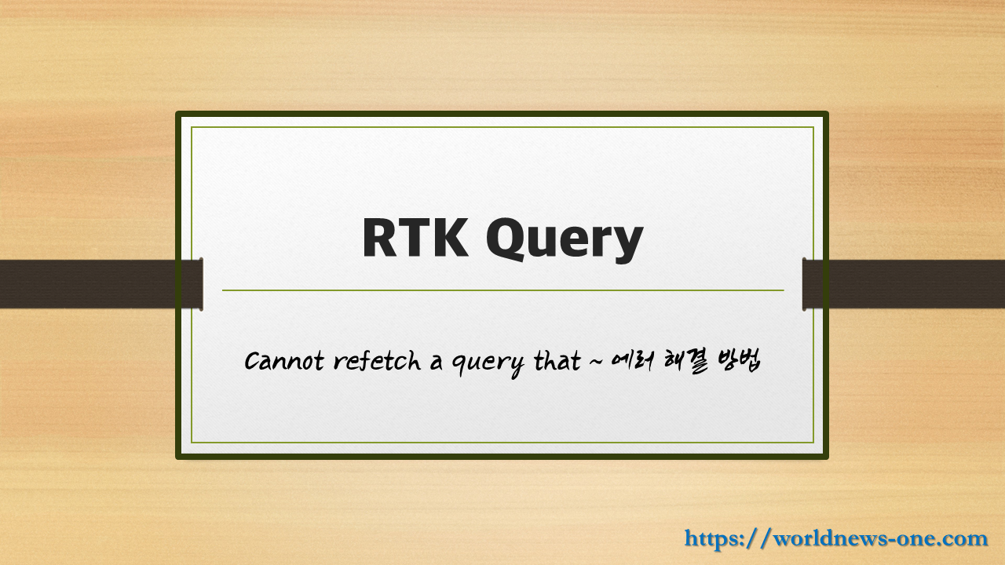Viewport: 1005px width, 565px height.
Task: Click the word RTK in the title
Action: [415, 238]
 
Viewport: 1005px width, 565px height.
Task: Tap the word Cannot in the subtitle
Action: [283, 362]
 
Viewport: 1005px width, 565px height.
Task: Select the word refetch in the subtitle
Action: [376, 361]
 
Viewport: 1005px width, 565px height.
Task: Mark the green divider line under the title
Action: [502, 290]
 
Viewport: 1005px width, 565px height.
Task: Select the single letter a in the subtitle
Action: [437, 363]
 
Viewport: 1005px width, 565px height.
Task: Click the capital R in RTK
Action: [380, 238]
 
